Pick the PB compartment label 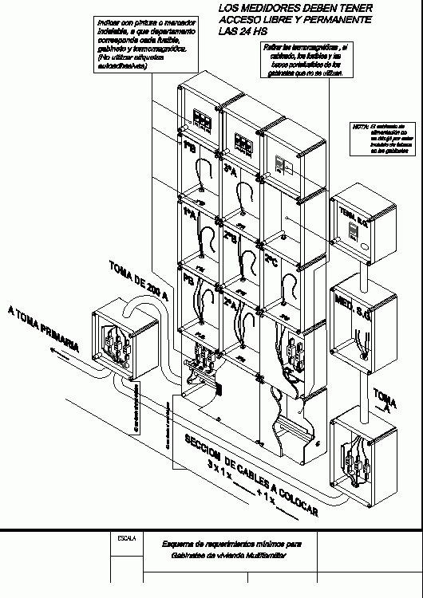tap(188, 282)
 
